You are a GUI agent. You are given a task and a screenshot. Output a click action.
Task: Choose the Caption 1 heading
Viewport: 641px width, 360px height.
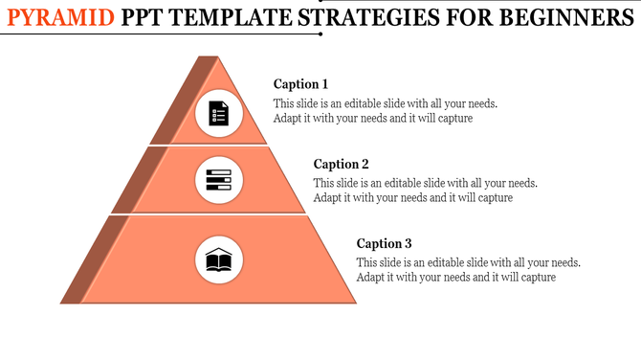300,84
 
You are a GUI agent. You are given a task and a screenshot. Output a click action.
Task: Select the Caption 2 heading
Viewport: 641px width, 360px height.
341,165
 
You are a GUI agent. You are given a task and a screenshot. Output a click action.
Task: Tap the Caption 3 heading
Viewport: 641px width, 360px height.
385,244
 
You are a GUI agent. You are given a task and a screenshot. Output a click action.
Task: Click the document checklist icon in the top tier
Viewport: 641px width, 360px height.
219,114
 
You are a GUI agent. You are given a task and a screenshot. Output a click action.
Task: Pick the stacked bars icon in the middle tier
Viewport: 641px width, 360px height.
219,180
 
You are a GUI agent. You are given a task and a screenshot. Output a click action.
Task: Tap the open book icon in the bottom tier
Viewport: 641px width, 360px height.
219,259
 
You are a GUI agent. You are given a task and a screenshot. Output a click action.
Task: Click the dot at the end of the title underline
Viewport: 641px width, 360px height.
320,34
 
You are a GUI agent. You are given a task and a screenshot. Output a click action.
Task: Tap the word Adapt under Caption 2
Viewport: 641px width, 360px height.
328,198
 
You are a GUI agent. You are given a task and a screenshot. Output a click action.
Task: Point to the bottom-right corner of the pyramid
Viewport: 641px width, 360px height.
356,303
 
